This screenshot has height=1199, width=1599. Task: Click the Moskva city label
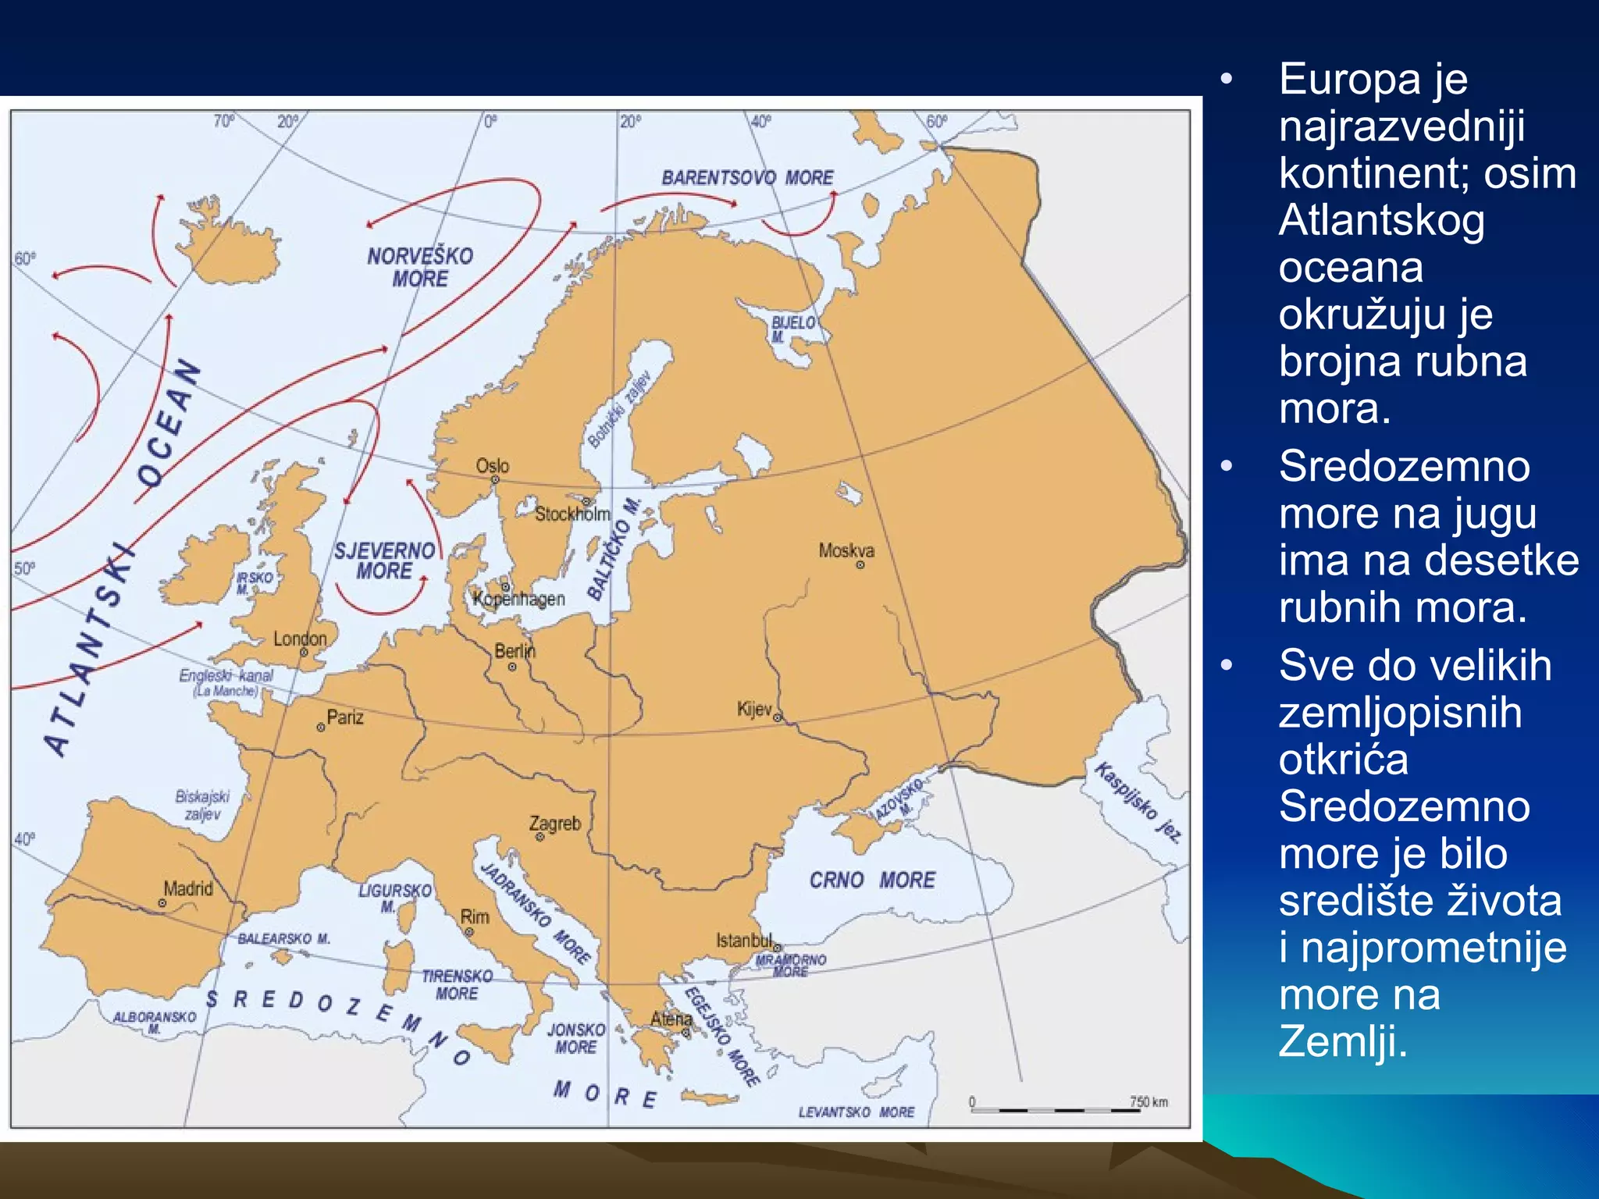tap(846, 550)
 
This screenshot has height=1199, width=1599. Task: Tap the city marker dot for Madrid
tap(162, 903)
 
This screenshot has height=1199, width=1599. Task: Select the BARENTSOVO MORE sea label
tap(747, 178)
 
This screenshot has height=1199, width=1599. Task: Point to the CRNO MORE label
tap(872, 881)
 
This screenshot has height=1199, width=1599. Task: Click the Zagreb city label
tap(555, 824)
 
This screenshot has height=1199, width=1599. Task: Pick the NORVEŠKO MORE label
tap(420, 267)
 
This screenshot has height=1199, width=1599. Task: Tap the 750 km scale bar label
tap(1149, 1101)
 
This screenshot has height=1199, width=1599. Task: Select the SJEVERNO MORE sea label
tap(384, 560)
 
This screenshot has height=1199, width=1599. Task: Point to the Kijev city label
tap(754, 709)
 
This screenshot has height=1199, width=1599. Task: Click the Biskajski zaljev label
tap(202, 805)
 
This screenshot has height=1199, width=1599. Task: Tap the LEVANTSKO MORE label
tap(856, 1112)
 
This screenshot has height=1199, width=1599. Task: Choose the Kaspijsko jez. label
tap(1138, 801)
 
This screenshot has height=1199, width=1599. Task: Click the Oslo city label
tap(493, 466)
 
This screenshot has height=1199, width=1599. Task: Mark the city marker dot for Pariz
tap(321, 728)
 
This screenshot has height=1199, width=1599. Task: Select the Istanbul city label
tap(744, 941)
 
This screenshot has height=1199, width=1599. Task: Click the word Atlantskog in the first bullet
tap(1381, 221)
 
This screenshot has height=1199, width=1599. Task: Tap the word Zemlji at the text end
tap(1342, 1041)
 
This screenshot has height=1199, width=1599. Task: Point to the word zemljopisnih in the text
tap(1400, 713)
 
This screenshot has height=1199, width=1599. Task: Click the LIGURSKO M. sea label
tap(395, 898)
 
